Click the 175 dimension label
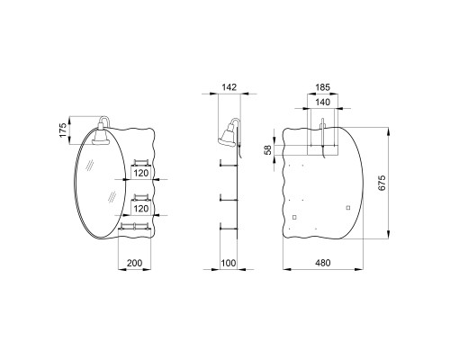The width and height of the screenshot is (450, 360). pos(63,130)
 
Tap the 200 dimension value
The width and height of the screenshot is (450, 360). pos(134,263)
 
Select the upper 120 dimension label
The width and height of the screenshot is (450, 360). pos(141,173)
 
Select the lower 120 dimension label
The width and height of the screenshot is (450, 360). pos(141,209)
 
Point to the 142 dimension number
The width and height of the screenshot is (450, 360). pos(229,87)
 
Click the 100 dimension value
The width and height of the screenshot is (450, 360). pos(229,263)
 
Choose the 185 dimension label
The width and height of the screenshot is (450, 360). pos(323,87)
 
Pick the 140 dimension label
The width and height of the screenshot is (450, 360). pos(323,102)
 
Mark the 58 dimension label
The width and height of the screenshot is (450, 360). pos(268,149)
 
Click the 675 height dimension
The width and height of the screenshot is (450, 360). pos(381,183)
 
